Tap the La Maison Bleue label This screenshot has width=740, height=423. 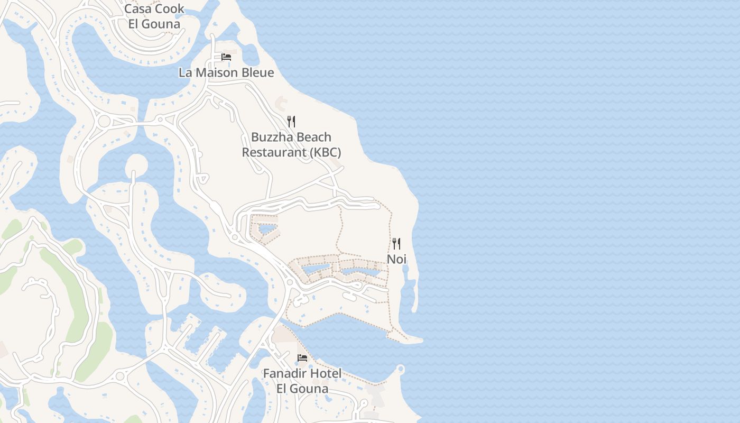226,73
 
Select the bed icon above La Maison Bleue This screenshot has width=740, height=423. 226,57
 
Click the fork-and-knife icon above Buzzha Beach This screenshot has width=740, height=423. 291,122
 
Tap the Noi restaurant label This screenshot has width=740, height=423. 396,259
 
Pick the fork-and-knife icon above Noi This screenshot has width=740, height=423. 396,244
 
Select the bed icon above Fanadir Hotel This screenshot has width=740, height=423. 302,358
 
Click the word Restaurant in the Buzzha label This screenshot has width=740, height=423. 273,153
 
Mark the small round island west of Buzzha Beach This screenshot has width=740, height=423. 136,164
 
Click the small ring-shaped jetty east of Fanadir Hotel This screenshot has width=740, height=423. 400,369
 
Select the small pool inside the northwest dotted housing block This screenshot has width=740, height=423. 267,229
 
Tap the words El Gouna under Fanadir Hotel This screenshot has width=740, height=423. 302,389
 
